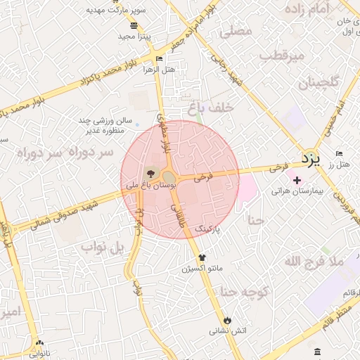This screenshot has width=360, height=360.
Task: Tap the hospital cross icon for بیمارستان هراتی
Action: pos(297,180)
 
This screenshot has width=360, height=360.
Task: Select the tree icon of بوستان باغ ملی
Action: pos(150,172)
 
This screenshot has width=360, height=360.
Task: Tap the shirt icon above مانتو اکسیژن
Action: pos(202,258)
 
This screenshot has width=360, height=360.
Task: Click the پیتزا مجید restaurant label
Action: pos(131,36)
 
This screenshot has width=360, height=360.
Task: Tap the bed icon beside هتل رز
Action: pos(340,153)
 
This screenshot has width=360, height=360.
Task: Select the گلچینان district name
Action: pos(319,83)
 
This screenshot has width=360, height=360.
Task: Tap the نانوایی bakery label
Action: pos(39,354)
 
